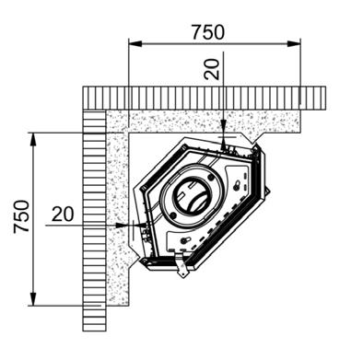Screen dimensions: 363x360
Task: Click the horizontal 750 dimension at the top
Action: click(208, 32)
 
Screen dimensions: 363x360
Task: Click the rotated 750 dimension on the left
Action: click(21, 216)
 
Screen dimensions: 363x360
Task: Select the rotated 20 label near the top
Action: click(212, 69)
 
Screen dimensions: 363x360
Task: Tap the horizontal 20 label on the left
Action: click(63, 214)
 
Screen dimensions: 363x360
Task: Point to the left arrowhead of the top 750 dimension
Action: click(135, 44)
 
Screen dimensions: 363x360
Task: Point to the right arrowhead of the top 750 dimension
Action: click(294, 44)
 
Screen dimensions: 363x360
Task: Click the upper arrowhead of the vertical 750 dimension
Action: click(33, 140)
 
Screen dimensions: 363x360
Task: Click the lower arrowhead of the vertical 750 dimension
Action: click(33, 298)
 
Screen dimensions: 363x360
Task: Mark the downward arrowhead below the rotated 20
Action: click(224, 126)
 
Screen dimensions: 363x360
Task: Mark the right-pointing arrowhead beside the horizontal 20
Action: click(122, 225)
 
